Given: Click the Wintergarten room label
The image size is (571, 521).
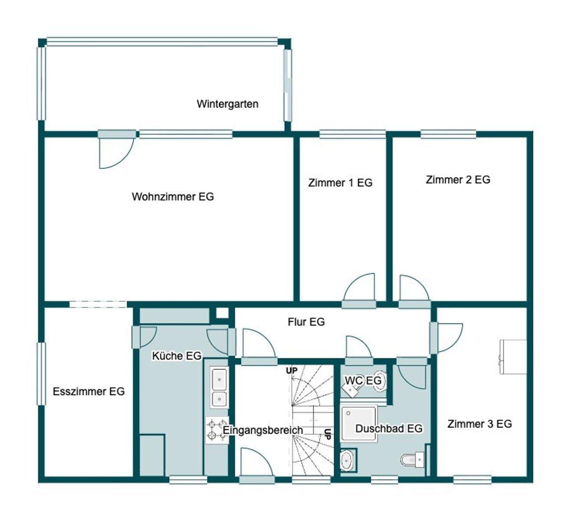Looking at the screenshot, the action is point(227,104).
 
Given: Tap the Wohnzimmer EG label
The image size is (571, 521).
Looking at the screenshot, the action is point(173,197).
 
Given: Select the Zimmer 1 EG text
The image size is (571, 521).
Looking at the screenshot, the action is point(340,183).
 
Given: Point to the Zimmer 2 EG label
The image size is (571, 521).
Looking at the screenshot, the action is point(458,179).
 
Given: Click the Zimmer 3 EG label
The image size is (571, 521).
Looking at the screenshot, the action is point(479,424).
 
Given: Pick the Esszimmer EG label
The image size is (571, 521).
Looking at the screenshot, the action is point(89,391).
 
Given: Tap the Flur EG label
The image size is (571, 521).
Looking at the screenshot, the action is point(306,322).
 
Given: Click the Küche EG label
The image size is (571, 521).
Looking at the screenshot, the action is point(177,356).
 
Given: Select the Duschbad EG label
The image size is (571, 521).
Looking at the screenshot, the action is point(389,429).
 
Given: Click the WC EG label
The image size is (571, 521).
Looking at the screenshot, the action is point(363,380).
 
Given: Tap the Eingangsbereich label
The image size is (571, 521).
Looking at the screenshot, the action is point(263,430).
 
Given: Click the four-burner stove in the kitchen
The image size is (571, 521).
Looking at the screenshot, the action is point(217,430).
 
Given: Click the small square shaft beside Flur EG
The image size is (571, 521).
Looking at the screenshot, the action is point(222,313).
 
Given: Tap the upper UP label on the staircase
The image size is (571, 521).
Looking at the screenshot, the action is point(292,370).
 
